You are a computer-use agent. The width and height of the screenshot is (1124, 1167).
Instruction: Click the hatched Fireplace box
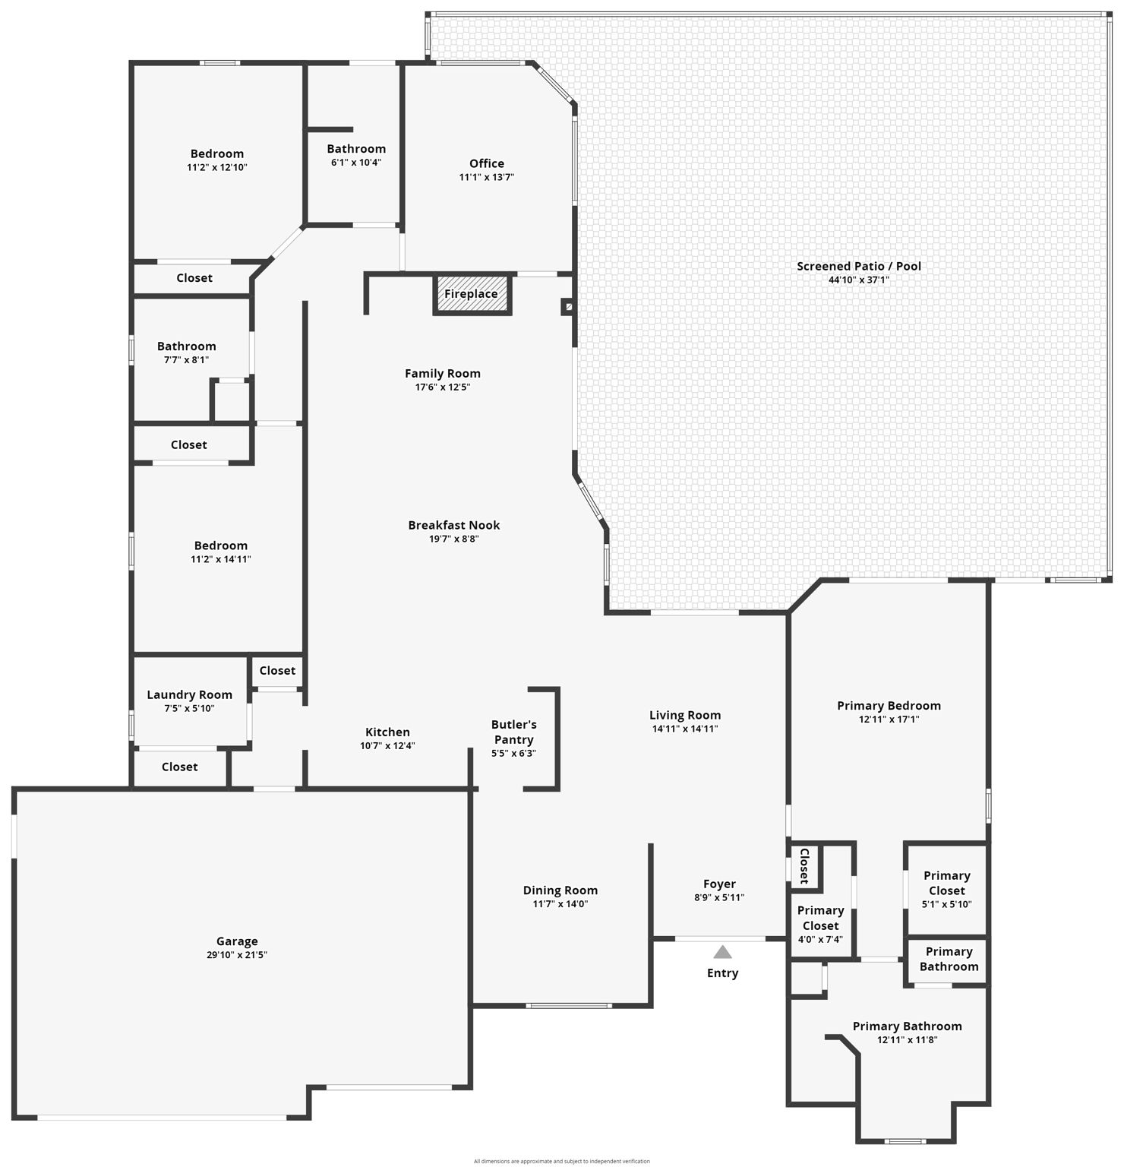(472, 294)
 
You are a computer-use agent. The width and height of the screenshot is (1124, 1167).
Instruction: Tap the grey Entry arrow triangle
(722, 952)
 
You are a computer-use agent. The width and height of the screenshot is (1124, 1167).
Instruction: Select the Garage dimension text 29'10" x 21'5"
(236, 955)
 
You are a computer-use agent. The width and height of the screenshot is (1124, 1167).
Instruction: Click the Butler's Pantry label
(513, 732)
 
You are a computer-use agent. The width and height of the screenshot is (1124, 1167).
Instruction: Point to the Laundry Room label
(189, 694)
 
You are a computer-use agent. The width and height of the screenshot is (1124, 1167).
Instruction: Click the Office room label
(486, 163)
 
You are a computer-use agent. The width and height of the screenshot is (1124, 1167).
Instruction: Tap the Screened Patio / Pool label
(858, 266)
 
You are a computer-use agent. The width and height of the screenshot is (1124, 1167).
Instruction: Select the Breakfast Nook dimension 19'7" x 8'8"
(453, 539)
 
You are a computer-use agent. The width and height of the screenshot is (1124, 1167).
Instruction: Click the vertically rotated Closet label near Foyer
(804, 866)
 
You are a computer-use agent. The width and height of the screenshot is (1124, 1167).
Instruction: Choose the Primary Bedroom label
(889, 705)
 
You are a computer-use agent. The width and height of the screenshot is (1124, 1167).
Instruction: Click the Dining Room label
(560, 890)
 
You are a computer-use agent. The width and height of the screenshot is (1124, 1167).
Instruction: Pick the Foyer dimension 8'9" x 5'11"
(718, 897)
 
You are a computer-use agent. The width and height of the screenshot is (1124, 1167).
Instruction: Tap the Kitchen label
(387, 732)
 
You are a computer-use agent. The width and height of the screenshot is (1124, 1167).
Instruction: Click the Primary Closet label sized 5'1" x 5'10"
(946, 883)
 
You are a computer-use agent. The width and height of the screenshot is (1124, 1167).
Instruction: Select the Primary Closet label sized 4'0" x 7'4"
(820, 918)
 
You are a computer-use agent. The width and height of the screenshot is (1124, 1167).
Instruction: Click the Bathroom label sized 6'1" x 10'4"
(356, 149)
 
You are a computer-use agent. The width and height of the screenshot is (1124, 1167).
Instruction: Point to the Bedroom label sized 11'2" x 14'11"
(220, 546)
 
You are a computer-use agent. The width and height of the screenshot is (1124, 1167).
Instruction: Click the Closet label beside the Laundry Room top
(277, 670)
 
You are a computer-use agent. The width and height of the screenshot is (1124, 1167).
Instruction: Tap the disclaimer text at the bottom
(561, 1161)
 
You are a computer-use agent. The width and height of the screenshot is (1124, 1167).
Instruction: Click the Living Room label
(684, 715)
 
